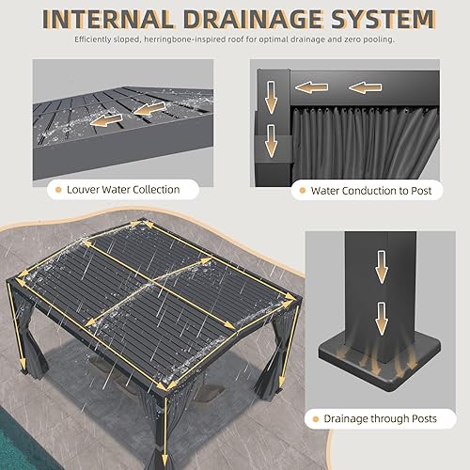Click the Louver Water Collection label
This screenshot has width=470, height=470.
pos(122,189)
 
